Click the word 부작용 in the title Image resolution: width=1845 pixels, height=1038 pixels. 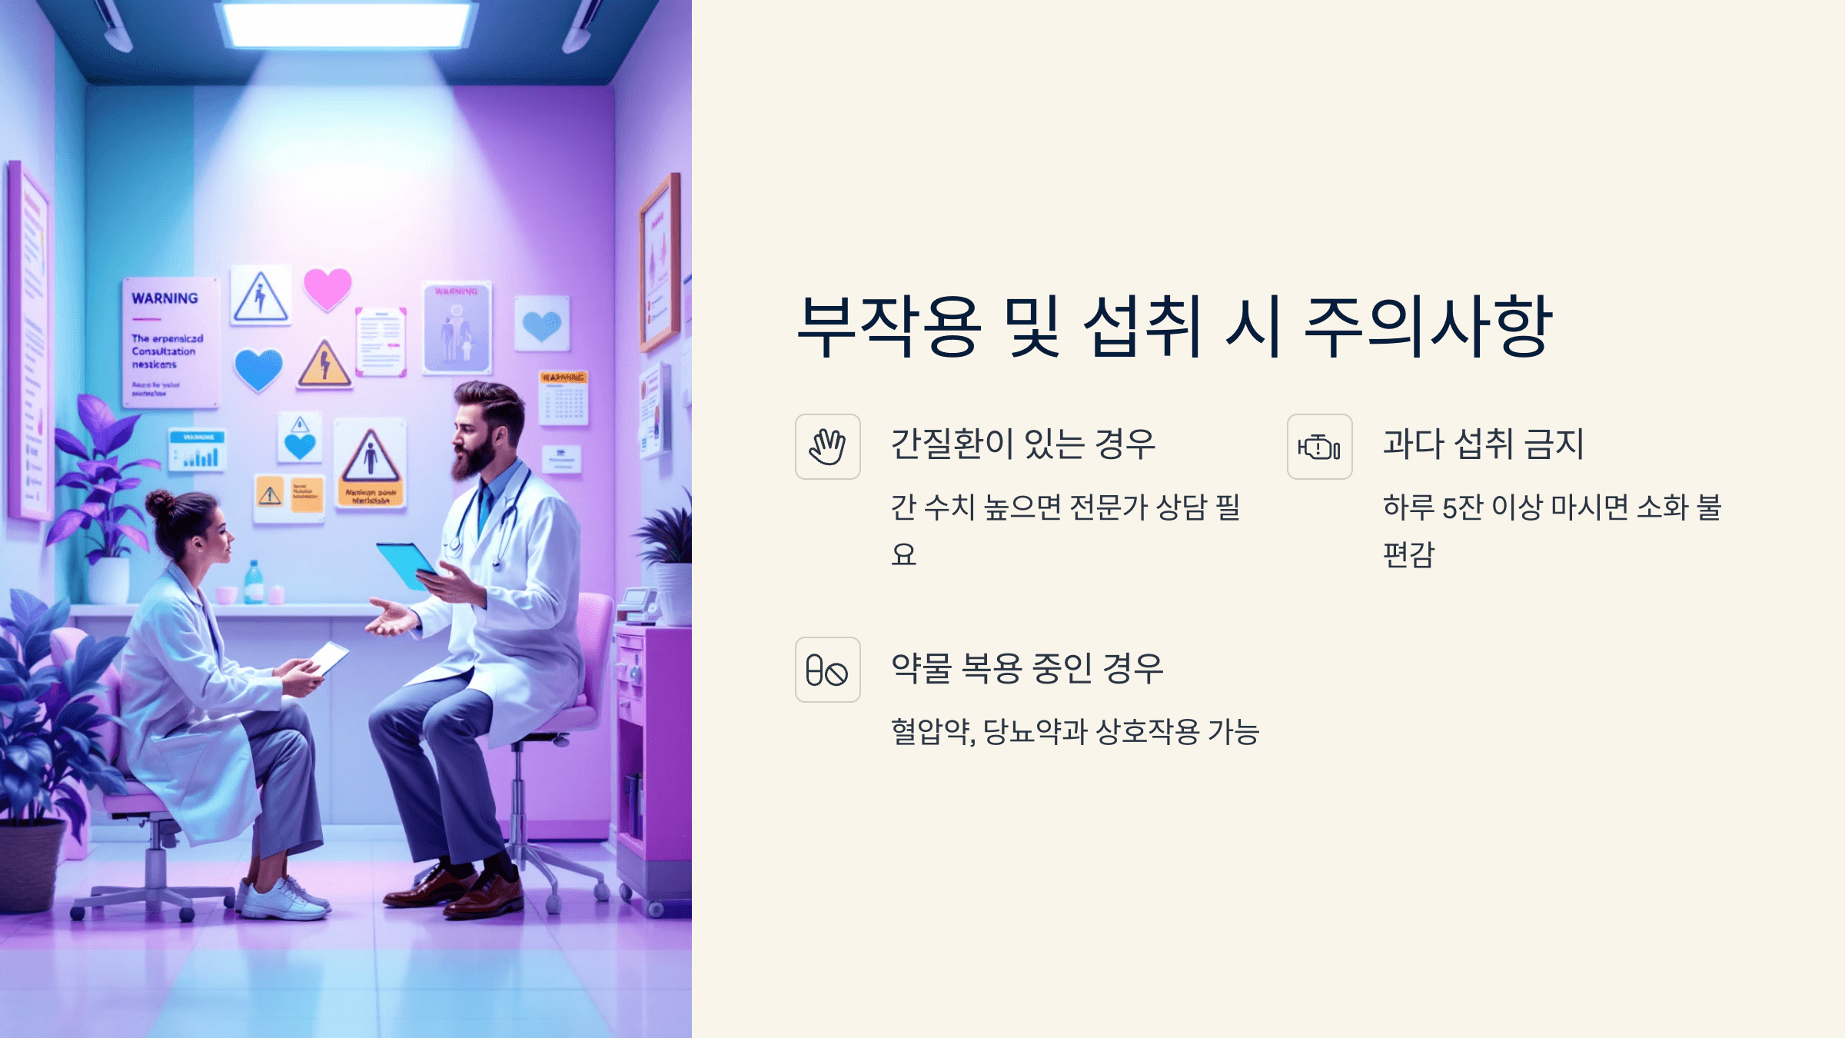pos(889,327)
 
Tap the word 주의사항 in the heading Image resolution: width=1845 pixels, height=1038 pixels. pos(1428,327)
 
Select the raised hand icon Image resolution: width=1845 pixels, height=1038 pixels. pos(827,447)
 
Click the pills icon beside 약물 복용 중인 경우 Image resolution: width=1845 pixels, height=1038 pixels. pos(827,670)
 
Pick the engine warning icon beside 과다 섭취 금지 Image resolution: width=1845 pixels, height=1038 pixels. pos(1319,447)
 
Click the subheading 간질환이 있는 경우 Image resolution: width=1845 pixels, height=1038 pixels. pos(1022,444)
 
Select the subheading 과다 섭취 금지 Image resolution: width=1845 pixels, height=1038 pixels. pos(1483,444)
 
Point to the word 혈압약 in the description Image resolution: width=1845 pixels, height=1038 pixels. pos(931,731)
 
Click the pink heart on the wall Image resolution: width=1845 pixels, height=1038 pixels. pos(327,288)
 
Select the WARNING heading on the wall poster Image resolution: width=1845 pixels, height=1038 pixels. pos(165,298)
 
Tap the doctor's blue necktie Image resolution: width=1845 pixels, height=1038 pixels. pos(484,508)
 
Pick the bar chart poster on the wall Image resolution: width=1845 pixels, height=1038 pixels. pos(198,451)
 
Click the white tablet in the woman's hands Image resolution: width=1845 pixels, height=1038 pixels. pos(329,657)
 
